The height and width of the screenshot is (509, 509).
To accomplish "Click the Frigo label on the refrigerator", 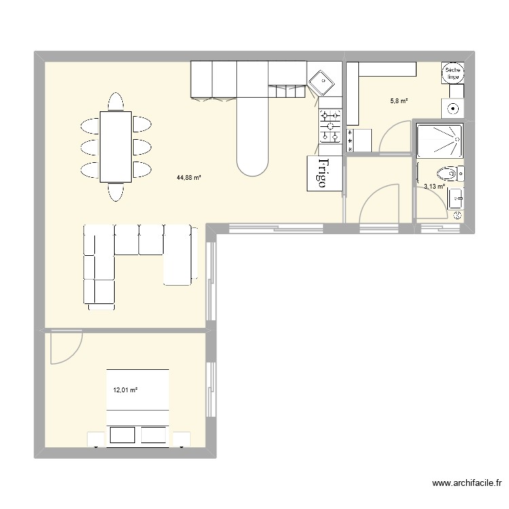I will tap(323, 174).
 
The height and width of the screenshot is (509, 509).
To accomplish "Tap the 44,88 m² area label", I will tap(189, 178).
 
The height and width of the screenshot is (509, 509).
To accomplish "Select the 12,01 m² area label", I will tap(125, 390).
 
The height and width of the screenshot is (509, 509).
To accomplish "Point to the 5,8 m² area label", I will tap(398, 101).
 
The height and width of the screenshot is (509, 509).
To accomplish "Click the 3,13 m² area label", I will tap(434, 187).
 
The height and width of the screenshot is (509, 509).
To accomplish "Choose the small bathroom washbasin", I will tap(456, 200).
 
